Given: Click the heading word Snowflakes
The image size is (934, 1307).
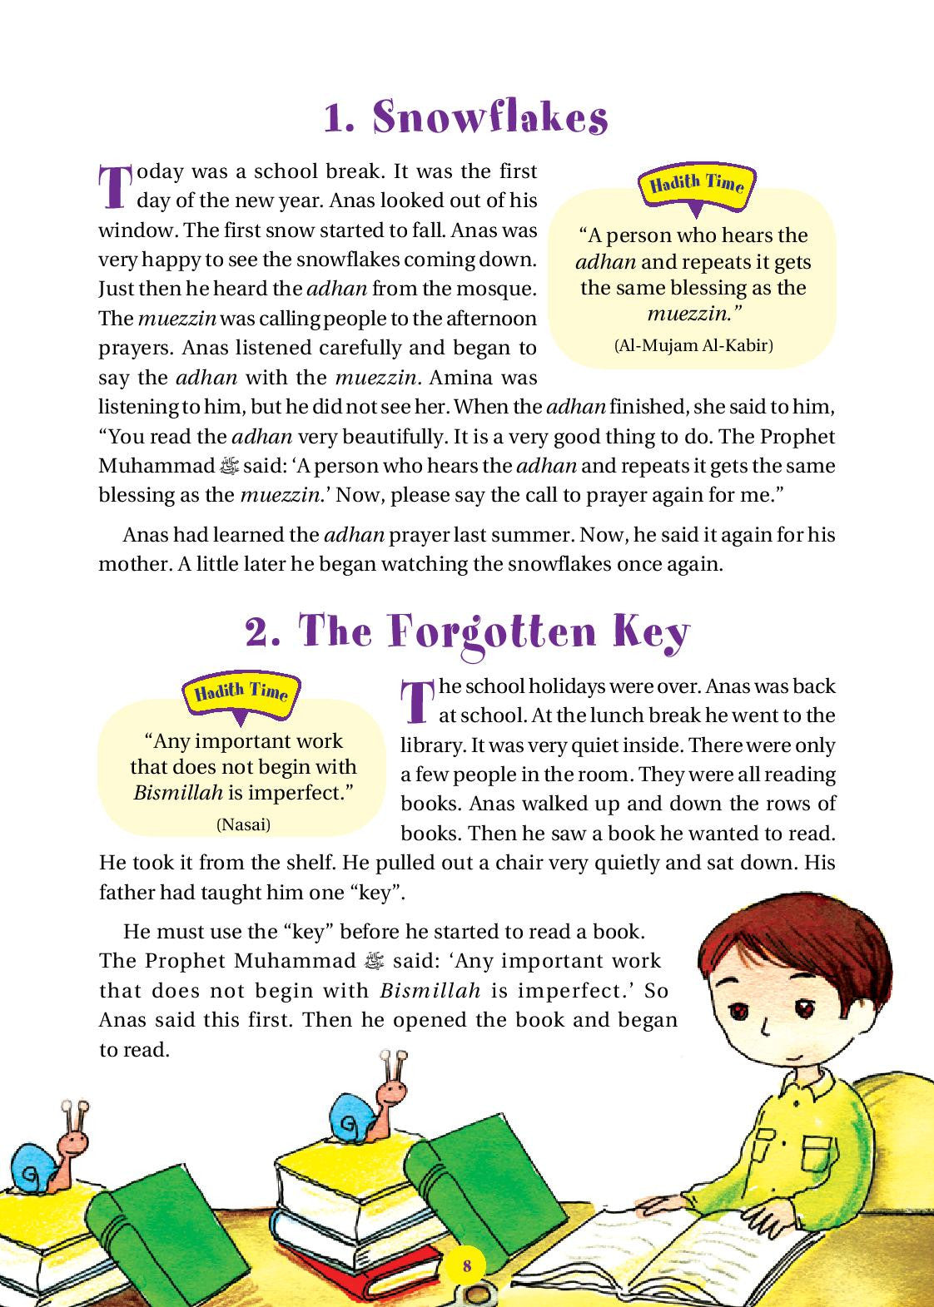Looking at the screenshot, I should coord(490,120).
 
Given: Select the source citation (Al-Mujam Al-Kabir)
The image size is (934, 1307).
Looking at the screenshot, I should coord(693,345).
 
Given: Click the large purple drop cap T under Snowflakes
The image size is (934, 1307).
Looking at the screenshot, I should coord(114,187).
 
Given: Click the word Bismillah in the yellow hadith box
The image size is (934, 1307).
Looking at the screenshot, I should coord(178,793).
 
